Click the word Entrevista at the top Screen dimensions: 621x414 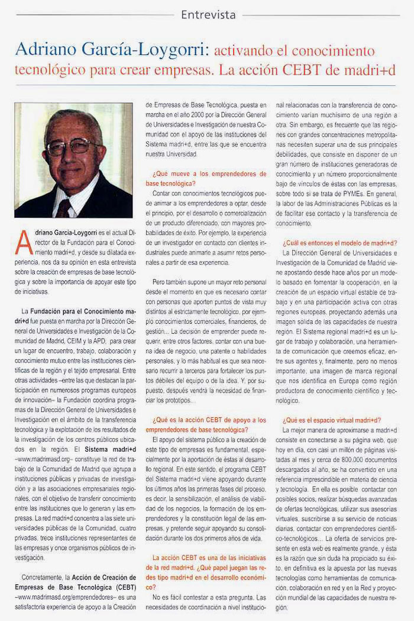[x=208, y=14]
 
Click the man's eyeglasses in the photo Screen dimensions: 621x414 [x=73, y=145]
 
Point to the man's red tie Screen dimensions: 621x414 [x=64, y=208]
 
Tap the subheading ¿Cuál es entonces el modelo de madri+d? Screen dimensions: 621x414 [x=339, y=243]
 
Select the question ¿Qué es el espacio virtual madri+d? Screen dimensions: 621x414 [x=331, y=420]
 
